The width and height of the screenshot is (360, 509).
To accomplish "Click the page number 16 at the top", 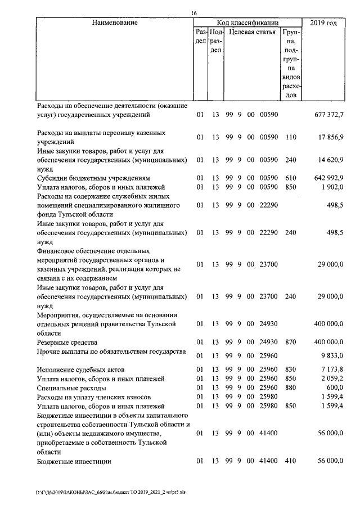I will [x=193, y=13].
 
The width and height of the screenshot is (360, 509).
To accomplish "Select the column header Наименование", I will [x=115, y=23].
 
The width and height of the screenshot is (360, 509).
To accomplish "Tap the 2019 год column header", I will [x=323, y=23].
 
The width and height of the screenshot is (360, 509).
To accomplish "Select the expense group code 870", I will [x=291, y=342].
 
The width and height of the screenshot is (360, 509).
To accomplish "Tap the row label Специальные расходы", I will [x=71, y=388].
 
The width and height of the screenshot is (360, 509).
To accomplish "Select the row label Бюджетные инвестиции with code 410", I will [x=74, y=461].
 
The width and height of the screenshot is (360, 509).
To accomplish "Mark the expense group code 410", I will [x=291, y=461].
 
